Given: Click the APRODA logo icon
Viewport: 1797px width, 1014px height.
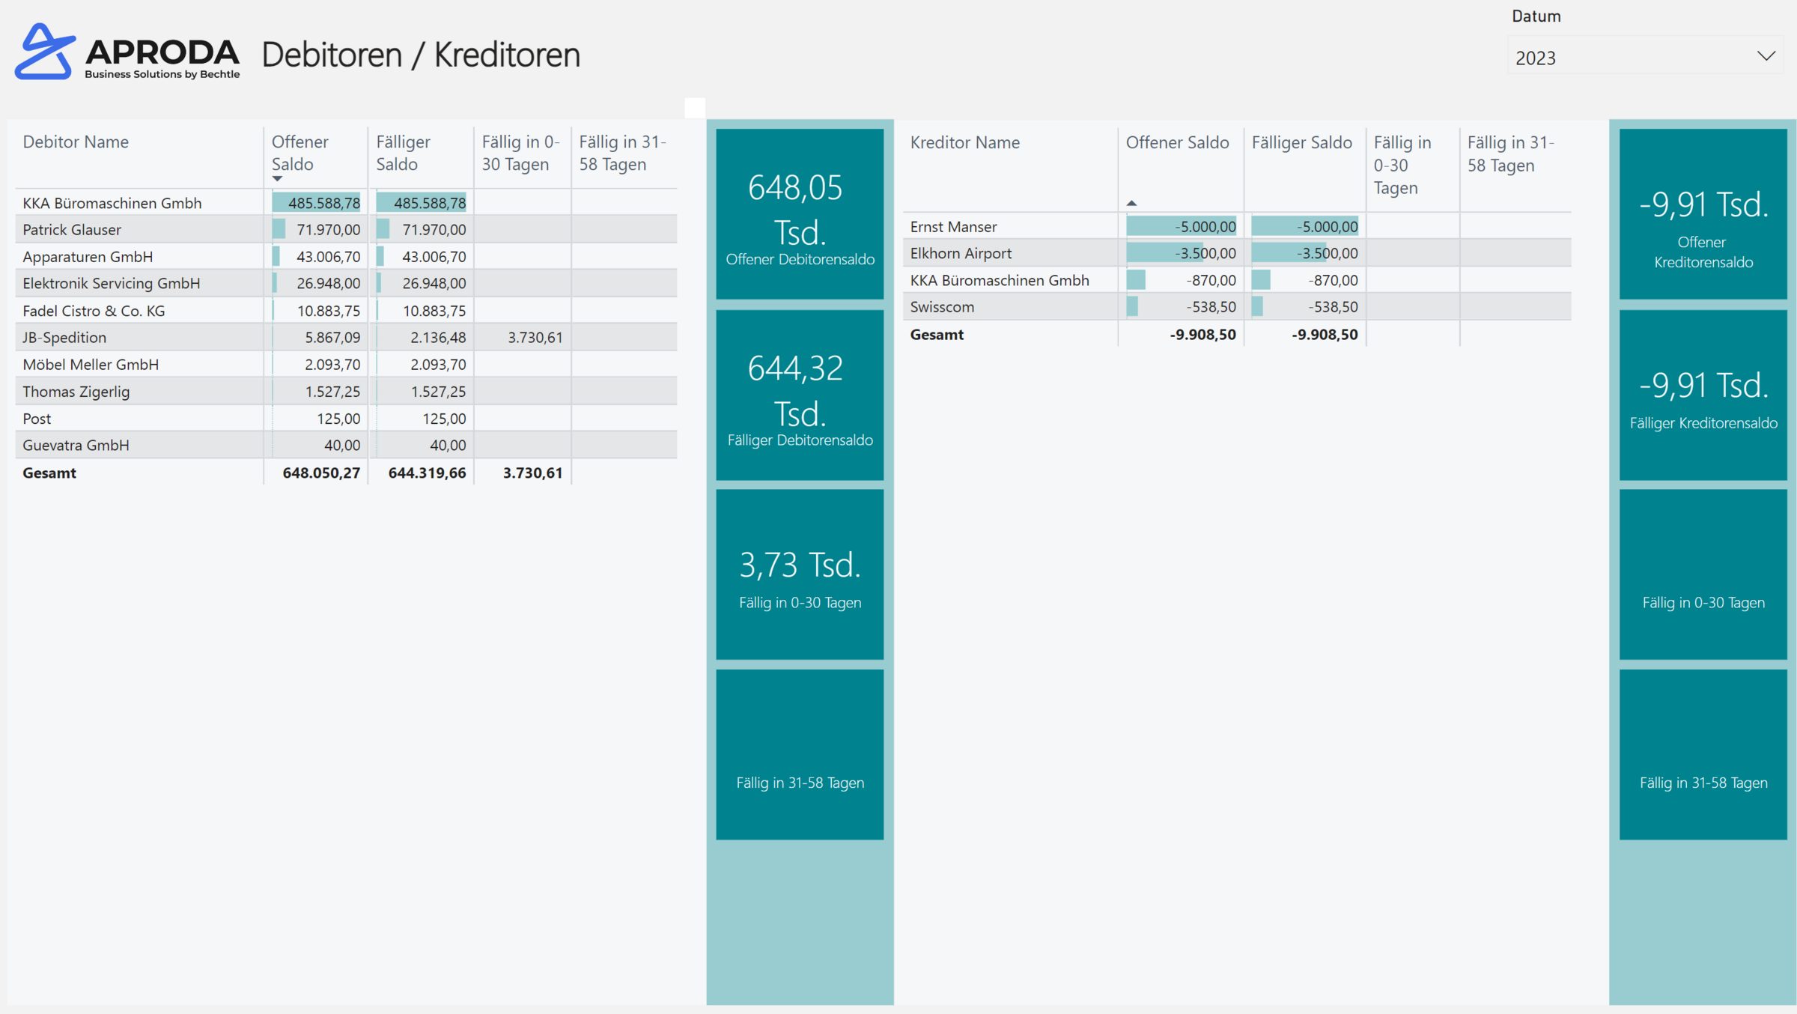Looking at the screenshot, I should [45, 52].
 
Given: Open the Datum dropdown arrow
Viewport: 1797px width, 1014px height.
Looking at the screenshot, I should [1766, 56].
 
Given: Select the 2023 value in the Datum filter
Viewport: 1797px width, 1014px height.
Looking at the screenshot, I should [1536, 58].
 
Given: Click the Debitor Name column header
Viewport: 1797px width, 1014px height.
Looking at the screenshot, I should [76, 142].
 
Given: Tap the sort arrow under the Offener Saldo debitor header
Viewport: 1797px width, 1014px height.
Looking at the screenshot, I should [277, 179].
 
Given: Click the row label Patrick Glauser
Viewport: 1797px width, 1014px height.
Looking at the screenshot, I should [72, 229].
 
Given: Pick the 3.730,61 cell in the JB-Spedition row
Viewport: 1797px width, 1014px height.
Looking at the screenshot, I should [535, 337].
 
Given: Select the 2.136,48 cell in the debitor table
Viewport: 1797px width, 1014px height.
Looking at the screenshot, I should [437, 337].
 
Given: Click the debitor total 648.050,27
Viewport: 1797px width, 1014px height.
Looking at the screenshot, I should [320, 473].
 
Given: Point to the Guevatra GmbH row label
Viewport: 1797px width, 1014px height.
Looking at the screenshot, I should [76, 445].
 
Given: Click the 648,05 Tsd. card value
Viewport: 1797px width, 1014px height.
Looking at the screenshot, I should [797, 210].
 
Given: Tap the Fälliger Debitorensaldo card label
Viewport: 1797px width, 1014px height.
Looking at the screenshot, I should [800, 440].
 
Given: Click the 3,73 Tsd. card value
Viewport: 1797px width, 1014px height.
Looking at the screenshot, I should [800, 565].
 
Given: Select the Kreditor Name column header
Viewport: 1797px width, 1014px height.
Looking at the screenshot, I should [964, 142].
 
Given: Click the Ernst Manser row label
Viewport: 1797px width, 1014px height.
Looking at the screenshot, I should [953, 226].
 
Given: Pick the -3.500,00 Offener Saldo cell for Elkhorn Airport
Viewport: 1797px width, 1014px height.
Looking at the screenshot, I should [1205, 253].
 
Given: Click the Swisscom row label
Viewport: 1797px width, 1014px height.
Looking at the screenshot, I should [942, 306].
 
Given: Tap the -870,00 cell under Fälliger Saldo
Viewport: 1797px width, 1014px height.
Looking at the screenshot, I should [1332, 280].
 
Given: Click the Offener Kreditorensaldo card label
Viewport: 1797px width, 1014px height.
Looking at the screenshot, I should [1703, 252].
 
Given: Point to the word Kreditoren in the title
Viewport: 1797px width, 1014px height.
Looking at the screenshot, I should [507, 55].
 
